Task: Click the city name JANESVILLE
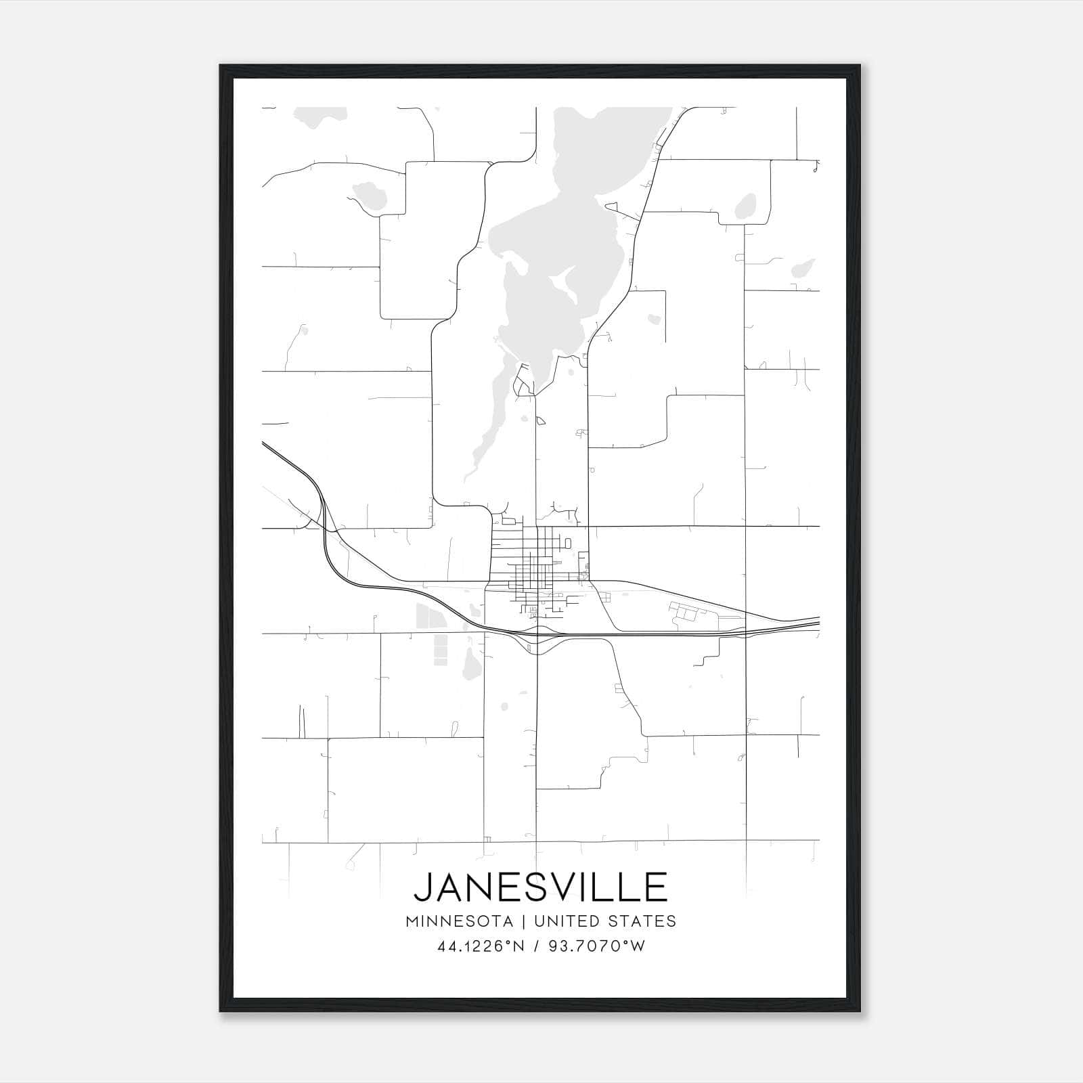[541, 887]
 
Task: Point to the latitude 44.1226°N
[481, 946]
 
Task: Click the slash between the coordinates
[537, 946]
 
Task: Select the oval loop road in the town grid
[567, 543]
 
